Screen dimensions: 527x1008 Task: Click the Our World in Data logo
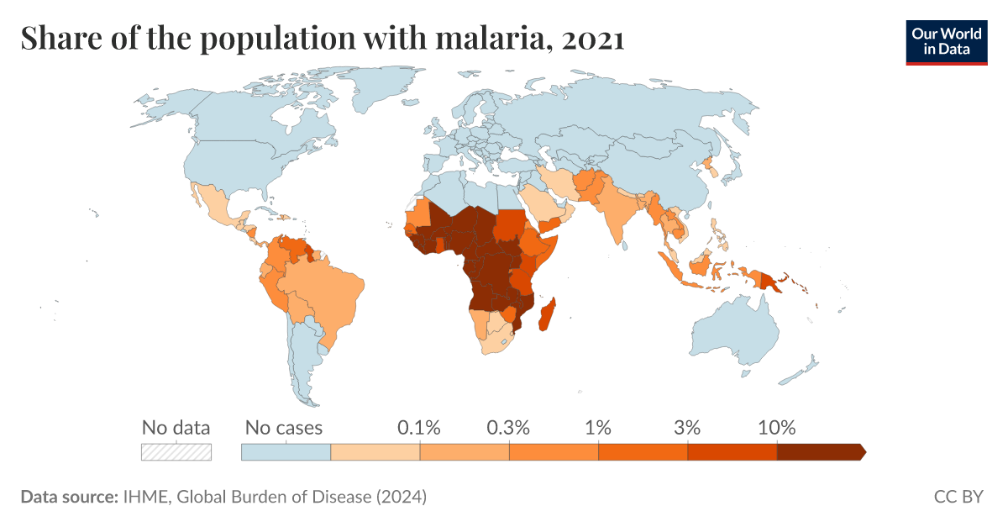pyautogui.click(x=946, y=40)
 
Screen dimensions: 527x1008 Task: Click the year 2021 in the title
pyautogui.click(x=594, y=39)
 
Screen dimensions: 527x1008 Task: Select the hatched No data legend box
pyautogui.click(x=176, y=452)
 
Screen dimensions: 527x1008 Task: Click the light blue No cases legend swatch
pyautogui.click(x=286, y=452)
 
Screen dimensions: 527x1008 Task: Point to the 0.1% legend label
pyautogui.click(x=419, y=427)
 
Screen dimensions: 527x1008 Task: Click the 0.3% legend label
pyautogui.click(x=509, y=427)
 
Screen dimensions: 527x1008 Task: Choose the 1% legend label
pyautogui.click(x=598, y=427)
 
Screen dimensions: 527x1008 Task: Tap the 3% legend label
pyautogui.click(x=687, y=427)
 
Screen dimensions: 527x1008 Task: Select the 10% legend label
pyautogui.click(x=776, y=427)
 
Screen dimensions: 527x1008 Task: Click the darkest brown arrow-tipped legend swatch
pyautogui.click(x=820, y=452)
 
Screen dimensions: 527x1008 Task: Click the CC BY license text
pyautogui.click(x=958, y=497)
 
